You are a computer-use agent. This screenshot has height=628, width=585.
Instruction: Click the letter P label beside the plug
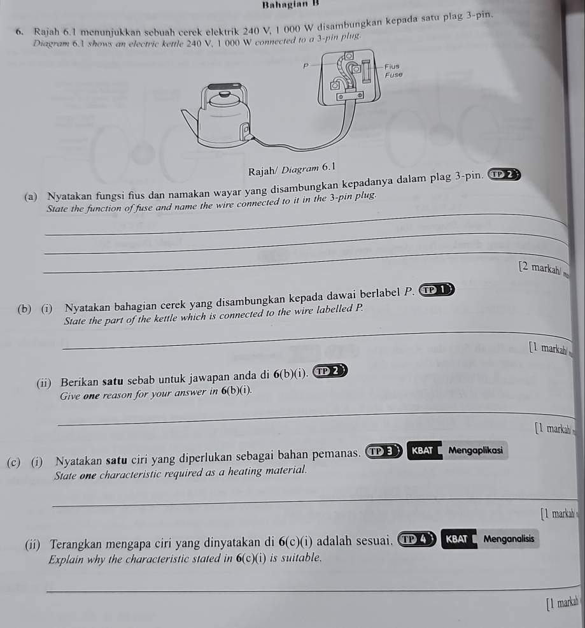(x=305, y=66)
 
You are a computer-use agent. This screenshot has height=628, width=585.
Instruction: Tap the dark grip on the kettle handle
(x=222, y=85)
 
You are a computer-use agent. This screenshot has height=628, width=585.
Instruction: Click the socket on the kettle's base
(x=244, y=131)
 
